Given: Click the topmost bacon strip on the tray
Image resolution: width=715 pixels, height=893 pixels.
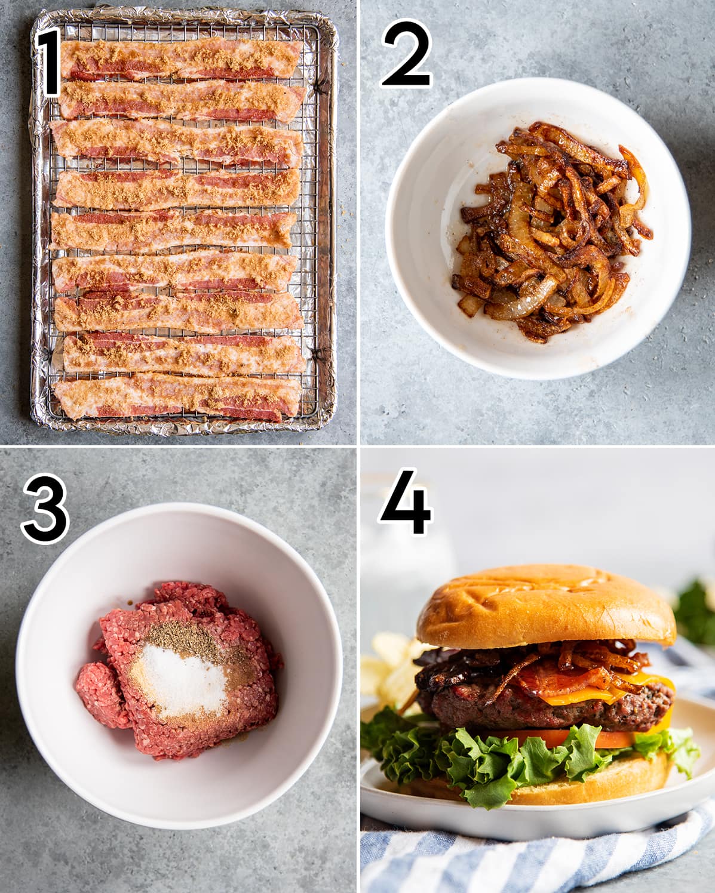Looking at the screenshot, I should point(179,60).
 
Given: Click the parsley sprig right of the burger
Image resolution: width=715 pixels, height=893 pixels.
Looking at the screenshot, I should point(696,609).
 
